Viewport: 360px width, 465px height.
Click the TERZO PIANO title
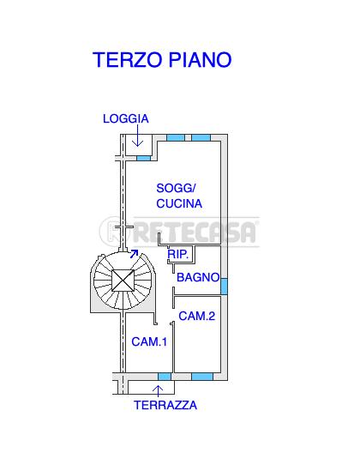pyautogui.click(x=162, y=59)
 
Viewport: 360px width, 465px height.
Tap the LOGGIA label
pyautogui.click(x=126, y=118)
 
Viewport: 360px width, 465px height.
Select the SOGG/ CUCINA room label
pyautogui.click(x=179, y=196)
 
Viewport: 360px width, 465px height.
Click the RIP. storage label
pyautogui.click(x=177, y=254)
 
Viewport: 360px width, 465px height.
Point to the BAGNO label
pyautogui.click(x=198, y=277)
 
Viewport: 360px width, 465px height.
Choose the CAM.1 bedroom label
pyautogui.click(x=149, y=341)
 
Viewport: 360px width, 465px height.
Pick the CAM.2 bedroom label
pyautogui.click(x=197, y=316)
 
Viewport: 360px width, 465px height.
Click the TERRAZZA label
pyautogui.click(x=165, y=405)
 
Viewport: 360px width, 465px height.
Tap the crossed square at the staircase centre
pyautogui.click(x=123, y=281)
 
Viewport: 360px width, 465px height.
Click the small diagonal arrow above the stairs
pyautogui.click(x=135, y=254)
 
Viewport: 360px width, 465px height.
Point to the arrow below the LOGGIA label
pyautogui.click(x=137, y=136)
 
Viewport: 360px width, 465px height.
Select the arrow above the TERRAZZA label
pyautogui.click(x=158, y=391)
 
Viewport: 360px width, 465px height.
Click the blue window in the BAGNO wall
pyautogui.click(x=224, y=287)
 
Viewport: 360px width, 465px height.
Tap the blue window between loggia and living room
pyautogui.click(x=144, y=159)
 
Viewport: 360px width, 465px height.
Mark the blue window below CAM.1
pyautogui.click(x=165, y=377)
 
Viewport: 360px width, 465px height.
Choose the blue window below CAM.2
pyautogui.click(x=202, y=377)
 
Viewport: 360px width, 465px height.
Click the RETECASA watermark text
pyautogui.click(x=195, y=232)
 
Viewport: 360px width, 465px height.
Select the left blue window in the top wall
pyautogui.click(x=176, y=137)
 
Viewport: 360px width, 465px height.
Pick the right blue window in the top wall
pyautogui.click(x=201, y=137)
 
